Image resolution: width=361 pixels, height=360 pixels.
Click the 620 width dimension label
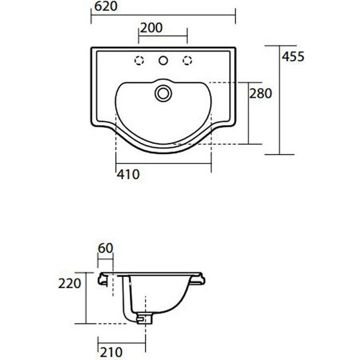point(106,6)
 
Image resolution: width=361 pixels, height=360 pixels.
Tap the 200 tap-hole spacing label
point(151,28)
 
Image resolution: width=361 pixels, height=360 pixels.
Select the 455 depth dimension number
point(293,57)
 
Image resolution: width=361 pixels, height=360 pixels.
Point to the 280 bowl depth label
point(261,94)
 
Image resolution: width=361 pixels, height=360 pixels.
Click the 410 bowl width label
point(128,174)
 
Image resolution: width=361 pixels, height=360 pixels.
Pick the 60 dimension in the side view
point(105,248)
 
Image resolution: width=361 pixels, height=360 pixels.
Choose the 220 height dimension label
point(70,283)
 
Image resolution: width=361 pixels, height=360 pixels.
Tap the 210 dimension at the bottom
point(111,352)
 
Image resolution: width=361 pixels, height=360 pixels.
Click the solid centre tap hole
point(163,61)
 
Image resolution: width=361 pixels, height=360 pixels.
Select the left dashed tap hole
point(139,61)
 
